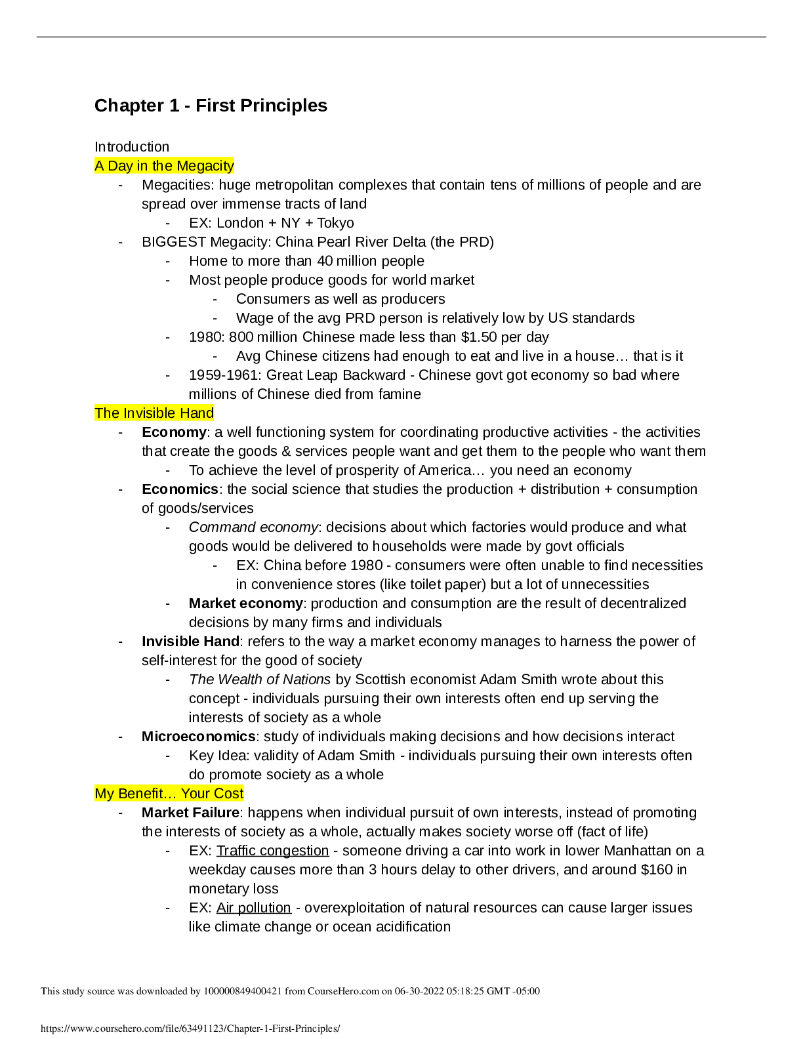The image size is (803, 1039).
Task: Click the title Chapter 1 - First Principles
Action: [x=211, y=106]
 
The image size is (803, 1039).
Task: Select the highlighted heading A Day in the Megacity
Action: [x=164, y=166]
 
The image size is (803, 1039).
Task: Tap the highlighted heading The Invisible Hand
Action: [x=154, y=413]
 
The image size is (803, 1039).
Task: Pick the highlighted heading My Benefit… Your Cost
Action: [x=169, y=793]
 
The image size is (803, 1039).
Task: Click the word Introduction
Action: [x=131, y=146]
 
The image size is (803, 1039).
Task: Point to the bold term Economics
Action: [x=180, y=489]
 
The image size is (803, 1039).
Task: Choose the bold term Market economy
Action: [x=246, y=603]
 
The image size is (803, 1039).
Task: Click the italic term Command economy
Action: [x=253, y=527]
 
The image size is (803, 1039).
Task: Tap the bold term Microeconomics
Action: [x=199, y=737]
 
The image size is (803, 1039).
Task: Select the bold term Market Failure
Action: [x=190, y=812]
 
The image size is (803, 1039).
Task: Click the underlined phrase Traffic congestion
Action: [x=273, y=851]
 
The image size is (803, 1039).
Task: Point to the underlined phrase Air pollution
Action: [x=253, y=908]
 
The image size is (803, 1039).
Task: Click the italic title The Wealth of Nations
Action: [x=260, y=680]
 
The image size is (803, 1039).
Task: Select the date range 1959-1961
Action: [x=223, y=375]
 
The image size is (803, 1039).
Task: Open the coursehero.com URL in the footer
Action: [x=190, y=1029]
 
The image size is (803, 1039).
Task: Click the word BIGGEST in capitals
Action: [x=174, y=242]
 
